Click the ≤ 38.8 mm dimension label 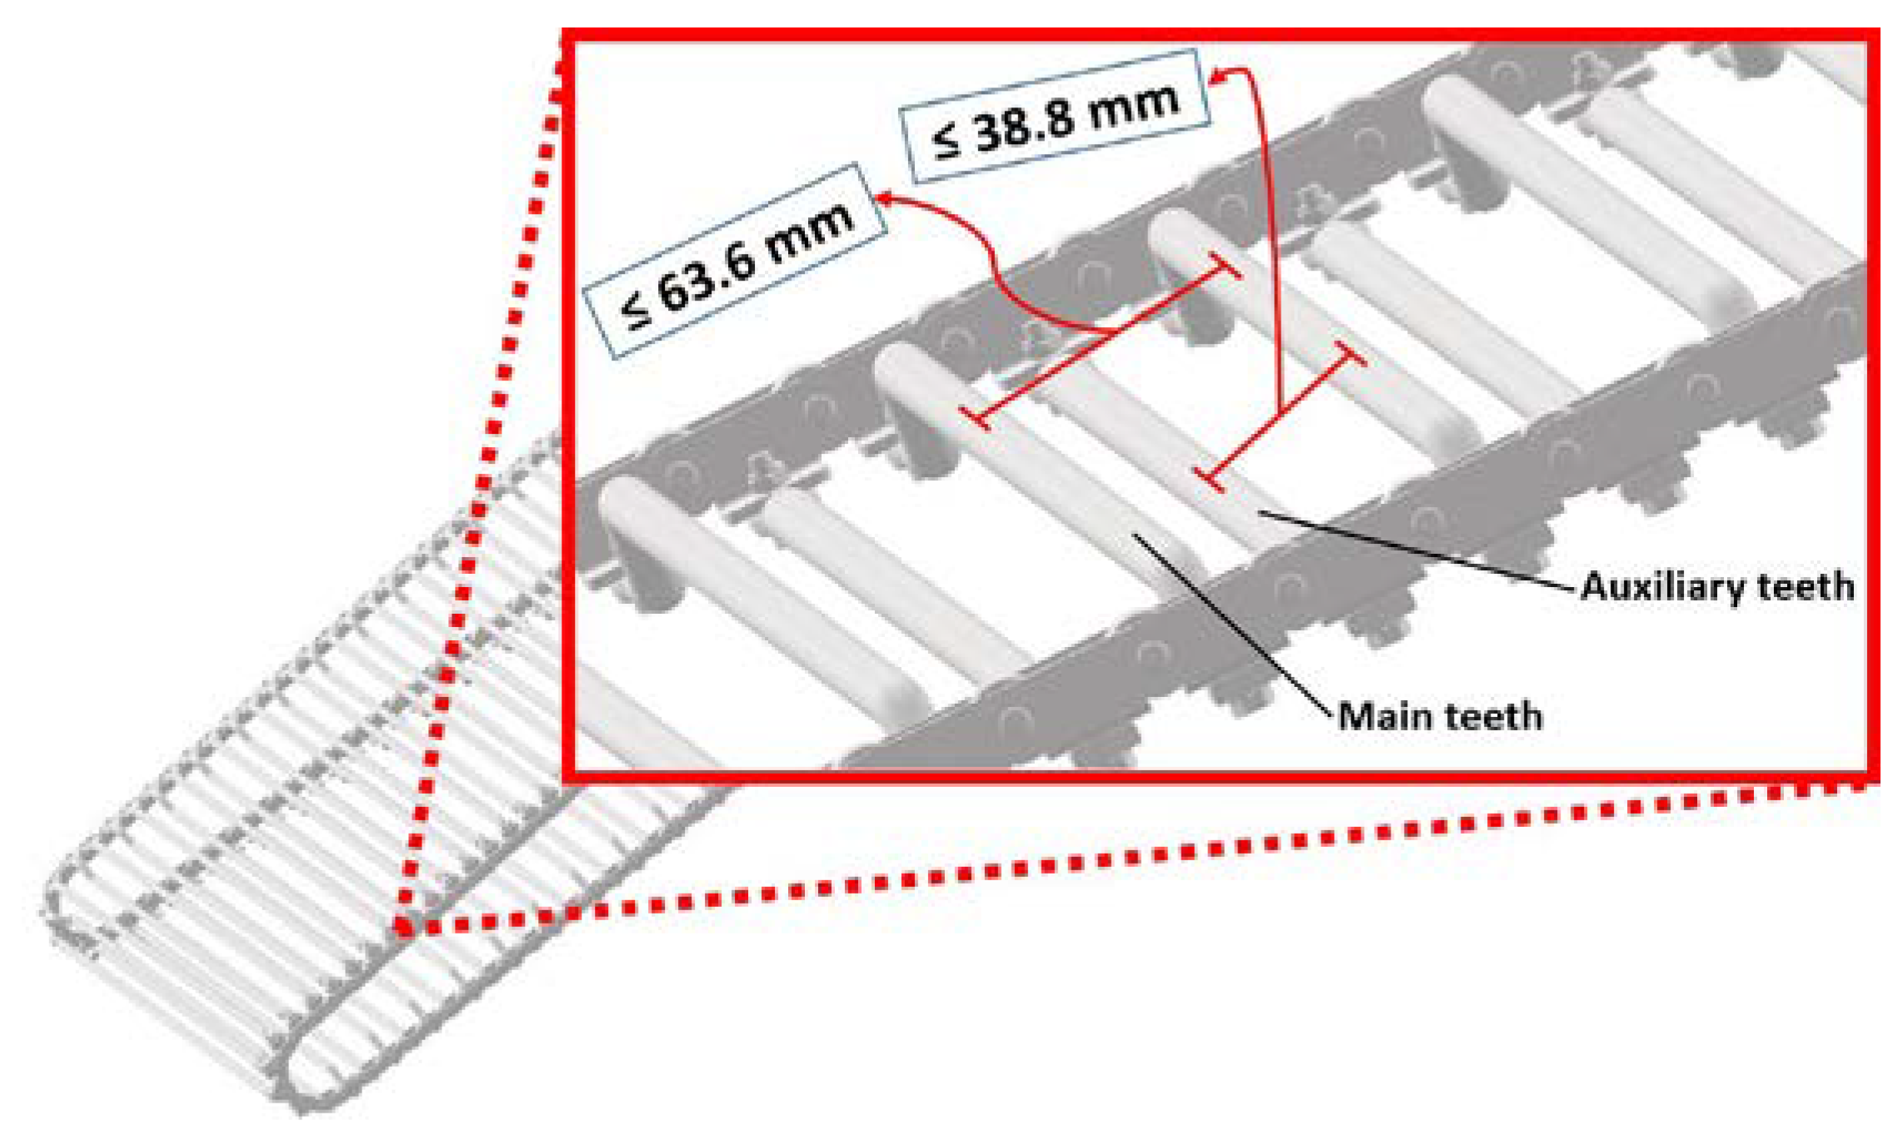pyautogui.click(x=1055, y=117)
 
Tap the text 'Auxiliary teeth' pyautogui.click(x=1717, y=586)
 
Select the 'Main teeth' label pyautogui.click(x=1440, y=716)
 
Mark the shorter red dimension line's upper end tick pyautogui.click(x=1350, y=354)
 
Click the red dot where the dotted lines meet pyautogui.click(x=403, y=926)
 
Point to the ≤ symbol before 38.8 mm pyautogui.click(x=947, y=142)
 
